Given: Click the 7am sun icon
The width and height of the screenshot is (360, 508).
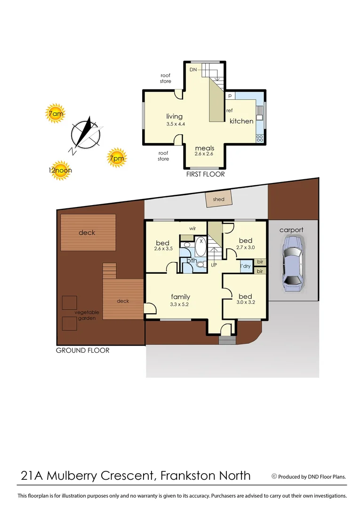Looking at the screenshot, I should (x=56, y=113).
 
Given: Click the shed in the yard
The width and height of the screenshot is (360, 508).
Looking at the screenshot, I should (x=218, y=199).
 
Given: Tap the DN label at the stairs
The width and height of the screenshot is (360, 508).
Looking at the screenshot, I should (x=193, y=70).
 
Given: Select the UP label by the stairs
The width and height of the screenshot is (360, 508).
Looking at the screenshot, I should (x=214, y=265).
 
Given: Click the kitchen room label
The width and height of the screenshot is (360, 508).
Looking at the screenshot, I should (x=241, y=121).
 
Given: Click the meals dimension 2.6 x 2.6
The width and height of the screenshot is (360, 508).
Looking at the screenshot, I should (x=204, y=154).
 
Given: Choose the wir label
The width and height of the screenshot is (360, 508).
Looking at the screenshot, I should (x=192, y=229).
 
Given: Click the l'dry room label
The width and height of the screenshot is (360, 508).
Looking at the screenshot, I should (x=245, y=266).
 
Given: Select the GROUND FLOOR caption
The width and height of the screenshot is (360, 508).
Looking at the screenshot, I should (x=82, y=350).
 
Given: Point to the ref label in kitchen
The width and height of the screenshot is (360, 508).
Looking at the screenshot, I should (x=230, y=111).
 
